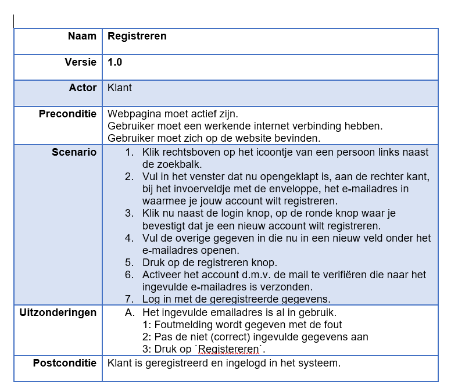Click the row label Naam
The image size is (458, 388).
[82, 36]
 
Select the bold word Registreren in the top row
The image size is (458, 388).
[137, 36]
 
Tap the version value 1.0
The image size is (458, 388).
[114, 62]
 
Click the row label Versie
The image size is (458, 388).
[80, 62]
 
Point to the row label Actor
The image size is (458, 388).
[83, 88]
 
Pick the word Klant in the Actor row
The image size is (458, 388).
[120, 88]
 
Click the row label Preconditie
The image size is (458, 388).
[67, 114]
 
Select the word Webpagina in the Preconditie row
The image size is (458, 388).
[132, 114]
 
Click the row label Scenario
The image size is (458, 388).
[74, 152]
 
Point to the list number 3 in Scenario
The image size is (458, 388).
[129, 213]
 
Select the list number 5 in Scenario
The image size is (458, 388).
[129, 262]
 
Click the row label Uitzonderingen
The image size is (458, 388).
[58, 312]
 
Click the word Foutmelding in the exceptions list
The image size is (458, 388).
[183, 325]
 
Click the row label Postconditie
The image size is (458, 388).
[65, 363]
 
